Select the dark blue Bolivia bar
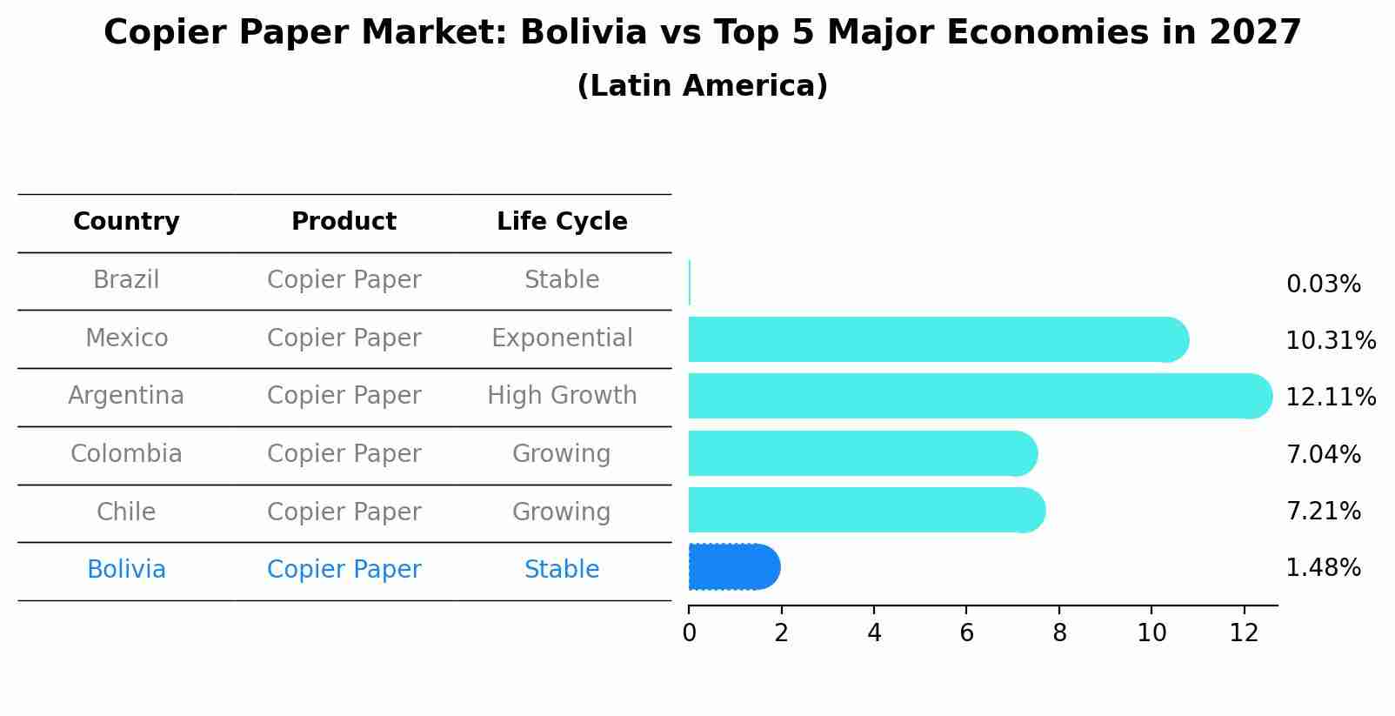click(733, 567)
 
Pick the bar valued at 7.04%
click(862, 453)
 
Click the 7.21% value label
click(1323, 512)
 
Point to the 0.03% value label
click(1323, 284)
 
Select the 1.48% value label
click(1323, 568)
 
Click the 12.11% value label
click(1331, 398)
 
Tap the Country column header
click(126, 222)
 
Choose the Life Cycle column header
click(562, 222)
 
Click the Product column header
click(344, 222)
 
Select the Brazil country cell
click(126, 280)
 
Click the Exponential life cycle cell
click(562, 338)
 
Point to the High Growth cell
click(562, 396)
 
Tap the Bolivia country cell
click(126, 570)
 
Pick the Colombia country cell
click(126, 454)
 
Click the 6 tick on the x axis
click(966, 633)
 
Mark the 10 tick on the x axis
click(1151, 633)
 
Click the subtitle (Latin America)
click(702, 86)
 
